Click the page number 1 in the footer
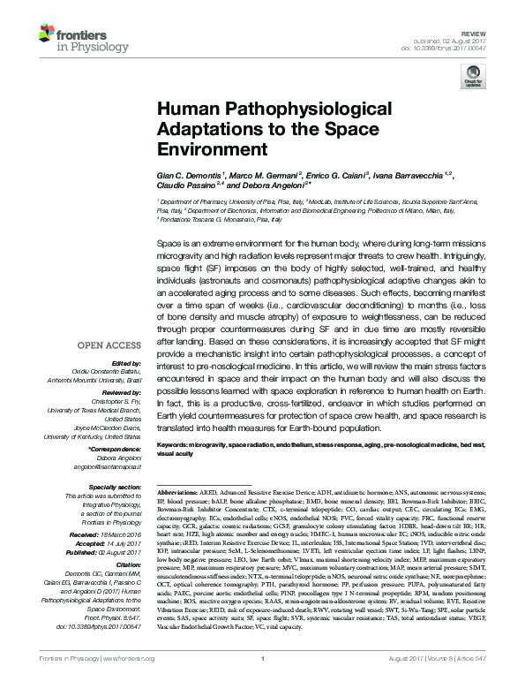pos(263,683)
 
